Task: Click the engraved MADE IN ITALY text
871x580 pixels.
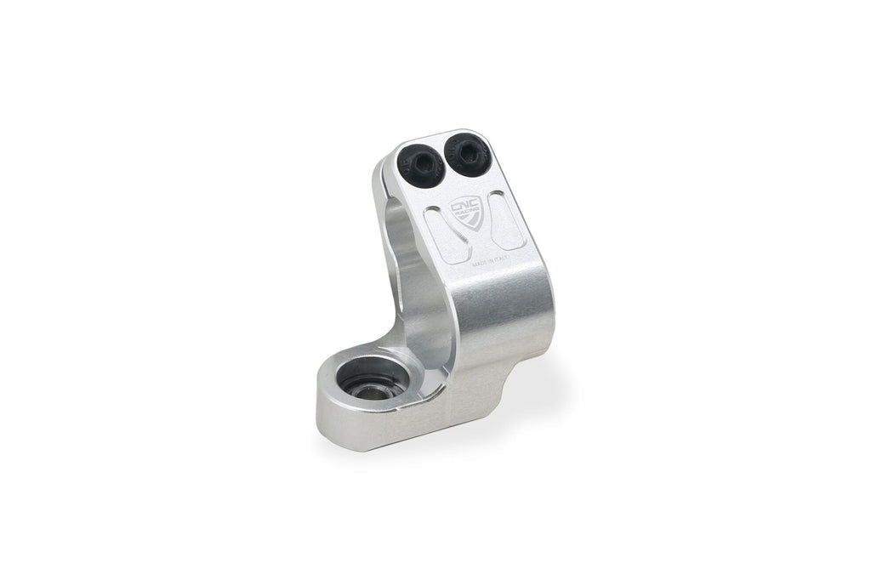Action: point(494,261)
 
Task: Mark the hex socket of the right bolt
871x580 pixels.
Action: point(467,153)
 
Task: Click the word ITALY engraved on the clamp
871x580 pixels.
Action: point(508,258)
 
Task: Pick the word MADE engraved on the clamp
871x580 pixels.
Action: point(481,264)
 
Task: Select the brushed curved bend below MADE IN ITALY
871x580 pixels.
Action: point(510,315)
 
